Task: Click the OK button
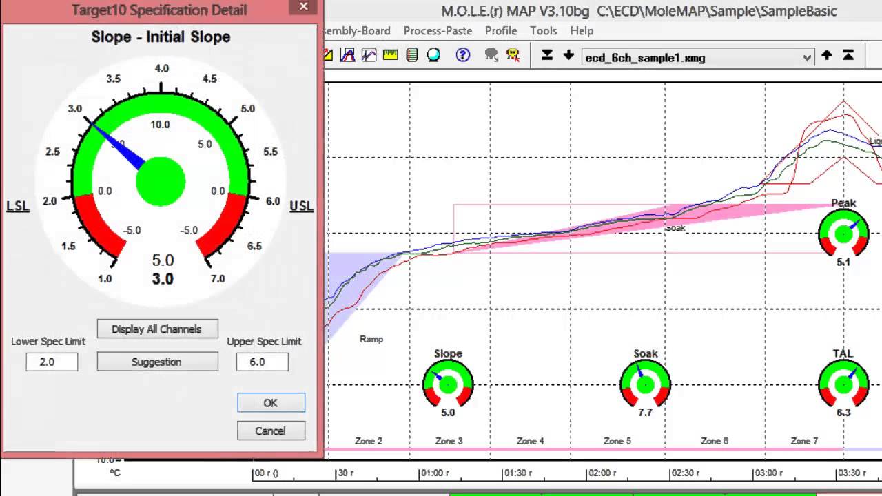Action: (271, 403)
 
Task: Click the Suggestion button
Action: (157, 362)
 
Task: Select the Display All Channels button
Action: (157, 329)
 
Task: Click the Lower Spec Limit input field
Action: (52, 362)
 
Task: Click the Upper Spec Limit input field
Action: (262, 362)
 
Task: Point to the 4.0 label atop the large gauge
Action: (162, 68)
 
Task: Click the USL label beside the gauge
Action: (301, 206)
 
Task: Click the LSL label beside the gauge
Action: (18, 206)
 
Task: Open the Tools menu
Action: (543, 31)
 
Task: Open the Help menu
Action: (582, 31)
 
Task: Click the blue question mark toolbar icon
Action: (463, 55)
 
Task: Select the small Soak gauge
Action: (645, 384)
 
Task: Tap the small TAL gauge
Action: (843, 384)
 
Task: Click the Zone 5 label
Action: (617, 441)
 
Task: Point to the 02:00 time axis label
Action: (602, 473)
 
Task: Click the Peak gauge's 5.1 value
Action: (843, 262)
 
